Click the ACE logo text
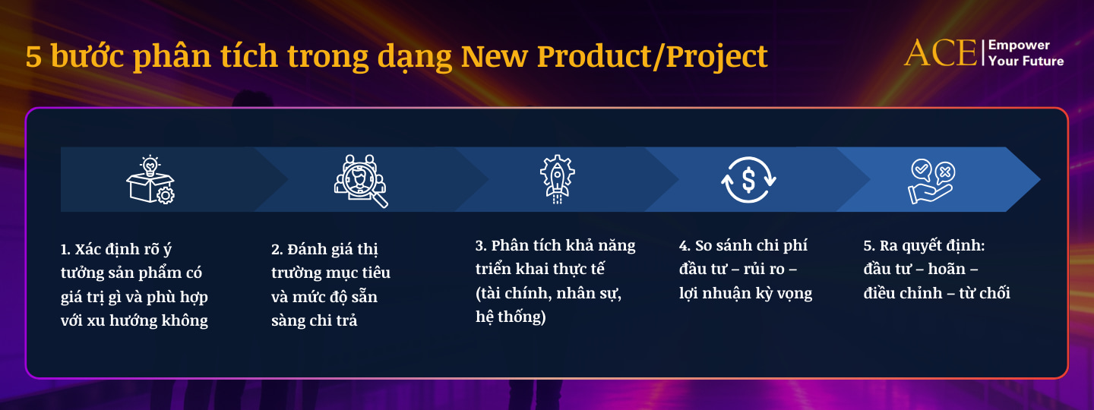click(x=941, y=52)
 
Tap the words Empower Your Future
click(x=1026, y=53)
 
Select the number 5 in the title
click(x=33, y=58)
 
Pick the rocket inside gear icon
click(x=557, y=179)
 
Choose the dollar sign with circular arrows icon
click(x=748, y=179)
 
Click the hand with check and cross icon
click(x=931, y=181)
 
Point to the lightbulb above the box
click(x=150, y=164)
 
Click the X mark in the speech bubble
click(x=944, y=172)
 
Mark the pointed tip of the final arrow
click(x=1039, y=180)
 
